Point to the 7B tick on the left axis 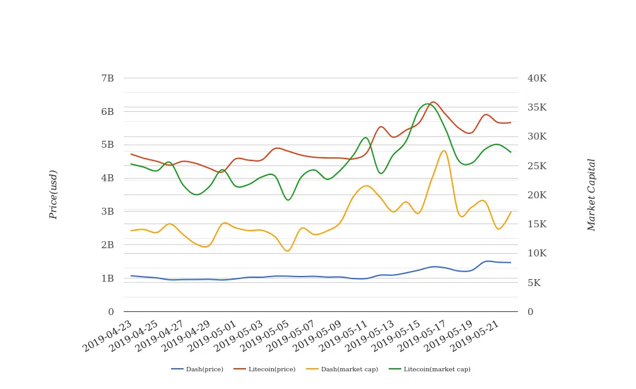point(107,78)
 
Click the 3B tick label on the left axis point(107,212)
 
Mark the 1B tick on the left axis point(107,278)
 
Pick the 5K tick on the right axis point(534,283)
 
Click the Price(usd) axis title point(54,194)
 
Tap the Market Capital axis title point(591,194)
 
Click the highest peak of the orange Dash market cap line point(444,150)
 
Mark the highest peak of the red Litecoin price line point(433,102)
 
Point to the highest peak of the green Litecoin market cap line point(427,104)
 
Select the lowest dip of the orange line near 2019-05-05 point(288,251)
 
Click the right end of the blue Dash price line point(510,263)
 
